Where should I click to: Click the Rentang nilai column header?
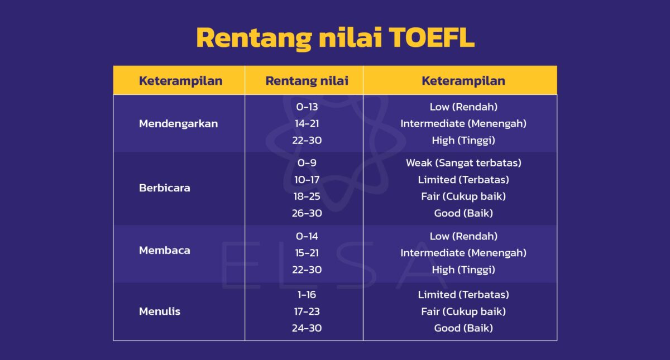(x=307, y=80)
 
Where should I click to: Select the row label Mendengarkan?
(x=178, y=123)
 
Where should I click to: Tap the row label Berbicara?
(x=164, y=188)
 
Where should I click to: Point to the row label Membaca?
(x=164, y=250)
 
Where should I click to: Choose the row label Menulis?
(x=159, y=311)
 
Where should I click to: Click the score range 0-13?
(x=307, y=107)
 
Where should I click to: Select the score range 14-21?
(x=307, y=123)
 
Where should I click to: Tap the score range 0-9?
(x=307, y=163)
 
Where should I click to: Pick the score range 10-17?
(x=307, y=180)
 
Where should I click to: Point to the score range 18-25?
(x=307, y=196)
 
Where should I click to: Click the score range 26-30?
(x=307, y=213)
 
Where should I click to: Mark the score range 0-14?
(x=307, y=236)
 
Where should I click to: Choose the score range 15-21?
(x=307, y=253)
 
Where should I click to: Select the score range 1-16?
(x=307, y=295)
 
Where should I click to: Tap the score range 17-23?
(x=307, y=311)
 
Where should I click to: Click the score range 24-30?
(x=307, y=328)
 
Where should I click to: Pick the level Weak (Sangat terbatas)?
(x=463, y=163)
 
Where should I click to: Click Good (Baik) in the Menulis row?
(x=463, y=328)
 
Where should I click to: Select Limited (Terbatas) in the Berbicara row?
(x=463, y=180)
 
